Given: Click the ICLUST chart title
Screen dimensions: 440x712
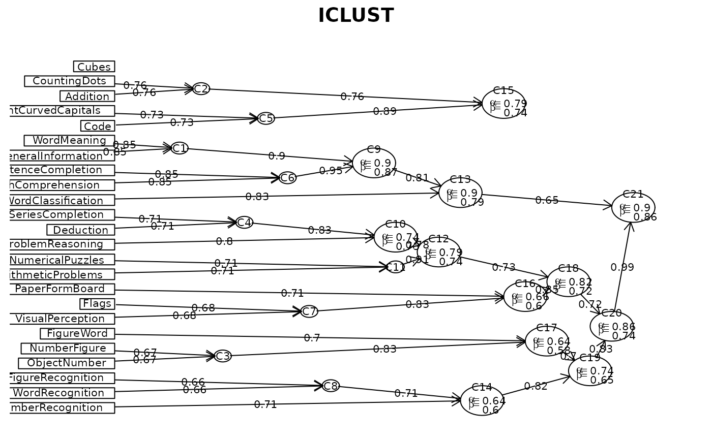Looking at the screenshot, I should point(355,16).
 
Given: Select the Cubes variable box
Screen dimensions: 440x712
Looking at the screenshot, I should point(94,67).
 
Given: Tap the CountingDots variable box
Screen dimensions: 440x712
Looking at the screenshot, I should point(70,81).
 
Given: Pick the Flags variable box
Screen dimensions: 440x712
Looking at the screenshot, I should point(97,304).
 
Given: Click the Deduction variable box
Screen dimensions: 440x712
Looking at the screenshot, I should point(80,230).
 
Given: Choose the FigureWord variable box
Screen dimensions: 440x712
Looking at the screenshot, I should point(77,333).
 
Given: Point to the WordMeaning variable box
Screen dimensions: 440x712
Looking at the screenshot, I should point(69,140).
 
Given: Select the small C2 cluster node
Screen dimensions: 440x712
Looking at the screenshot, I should point(201,88).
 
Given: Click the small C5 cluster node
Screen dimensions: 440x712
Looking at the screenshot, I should point(266,118).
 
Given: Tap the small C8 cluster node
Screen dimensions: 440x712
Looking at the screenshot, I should point(331,386).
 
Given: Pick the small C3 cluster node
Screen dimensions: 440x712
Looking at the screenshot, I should point(223,356).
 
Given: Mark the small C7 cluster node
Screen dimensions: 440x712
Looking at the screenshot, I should point(309,311).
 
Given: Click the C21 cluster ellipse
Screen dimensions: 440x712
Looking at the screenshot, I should point(633,207).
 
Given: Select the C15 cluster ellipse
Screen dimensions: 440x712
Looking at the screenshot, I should point(503,103).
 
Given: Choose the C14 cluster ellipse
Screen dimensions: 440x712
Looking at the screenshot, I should point(482,400).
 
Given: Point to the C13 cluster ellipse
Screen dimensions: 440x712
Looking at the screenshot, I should point(460,193).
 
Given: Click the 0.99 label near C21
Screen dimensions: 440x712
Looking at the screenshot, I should point(622,268).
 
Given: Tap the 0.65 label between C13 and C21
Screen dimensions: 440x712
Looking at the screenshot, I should point(547,200).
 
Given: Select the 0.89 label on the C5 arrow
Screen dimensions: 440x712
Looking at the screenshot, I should point(384,112).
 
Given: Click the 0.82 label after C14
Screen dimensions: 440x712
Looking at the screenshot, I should point(536,386).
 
